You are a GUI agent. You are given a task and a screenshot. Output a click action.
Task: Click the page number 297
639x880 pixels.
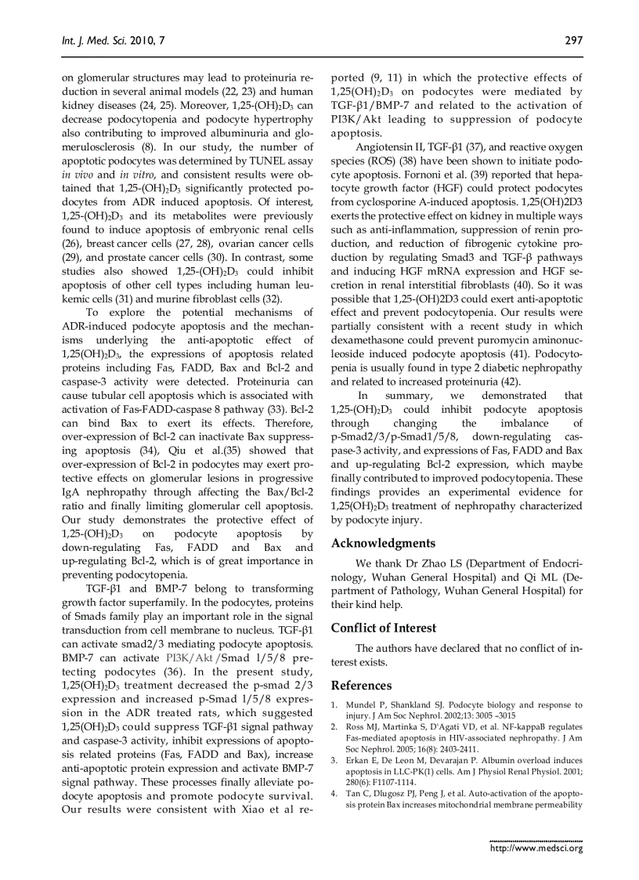tap(573, 42)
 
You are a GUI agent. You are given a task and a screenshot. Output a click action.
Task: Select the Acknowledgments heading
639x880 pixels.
tap(383, 543)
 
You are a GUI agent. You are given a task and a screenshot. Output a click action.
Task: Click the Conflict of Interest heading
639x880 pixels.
tap(384, 628)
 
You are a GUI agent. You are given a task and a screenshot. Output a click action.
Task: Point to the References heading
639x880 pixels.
tap(361, 686)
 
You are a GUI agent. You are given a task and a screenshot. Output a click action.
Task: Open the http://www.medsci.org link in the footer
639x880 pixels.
tap(536, 847)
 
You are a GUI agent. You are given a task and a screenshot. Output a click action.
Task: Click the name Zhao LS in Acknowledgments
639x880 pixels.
tap(413, 563)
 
